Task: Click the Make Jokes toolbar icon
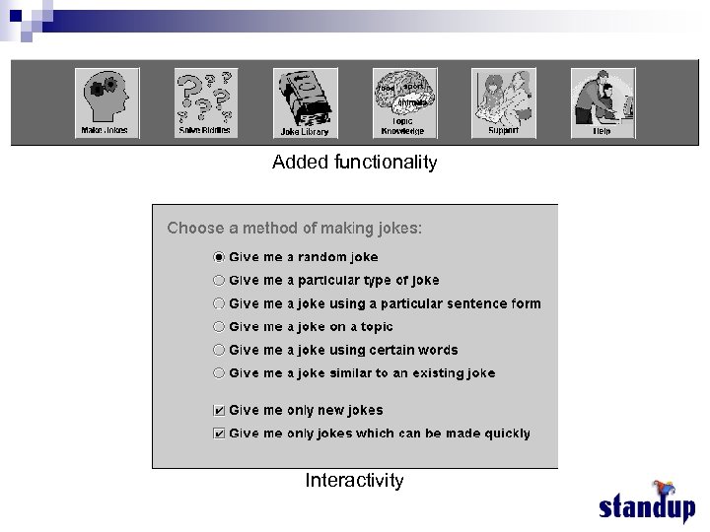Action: [106, 102]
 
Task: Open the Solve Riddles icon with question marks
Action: [205, 102]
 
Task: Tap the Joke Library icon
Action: [305, 102]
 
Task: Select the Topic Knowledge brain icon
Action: [403, 102]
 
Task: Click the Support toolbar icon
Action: [503, 102]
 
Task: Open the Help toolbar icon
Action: [602, 102]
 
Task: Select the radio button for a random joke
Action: [219, 257]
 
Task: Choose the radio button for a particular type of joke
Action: [219, 280]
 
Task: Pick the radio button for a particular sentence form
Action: [219, 303]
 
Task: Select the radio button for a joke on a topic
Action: [219, 326]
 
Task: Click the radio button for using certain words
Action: [219, 350]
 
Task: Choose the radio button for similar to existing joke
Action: [219, 372]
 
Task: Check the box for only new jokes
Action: [219, 411]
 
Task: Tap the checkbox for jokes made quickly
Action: [219, 433]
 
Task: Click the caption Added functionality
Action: [354, 163]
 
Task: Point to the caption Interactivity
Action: [354, 481]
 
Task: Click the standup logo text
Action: [646, 507]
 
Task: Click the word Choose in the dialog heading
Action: [188, 229]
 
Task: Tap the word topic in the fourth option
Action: [377, 326]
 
